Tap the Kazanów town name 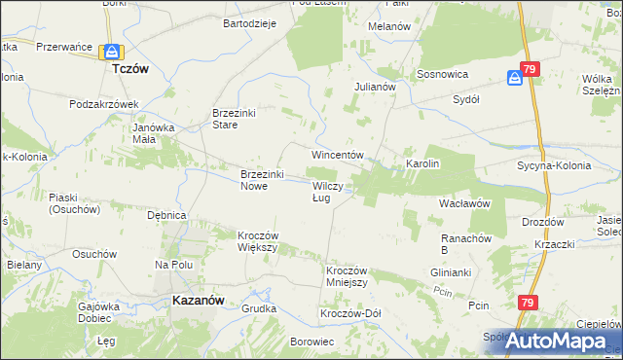click(x=200, y=301)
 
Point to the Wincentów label click(x=337, y=156)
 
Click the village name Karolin click(x=423, y=163)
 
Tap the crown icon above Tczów click(x=113, y=52)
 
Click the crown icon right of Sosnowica click(x=514, y=78)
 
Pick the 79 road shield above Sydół click(x=530, y=69)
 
